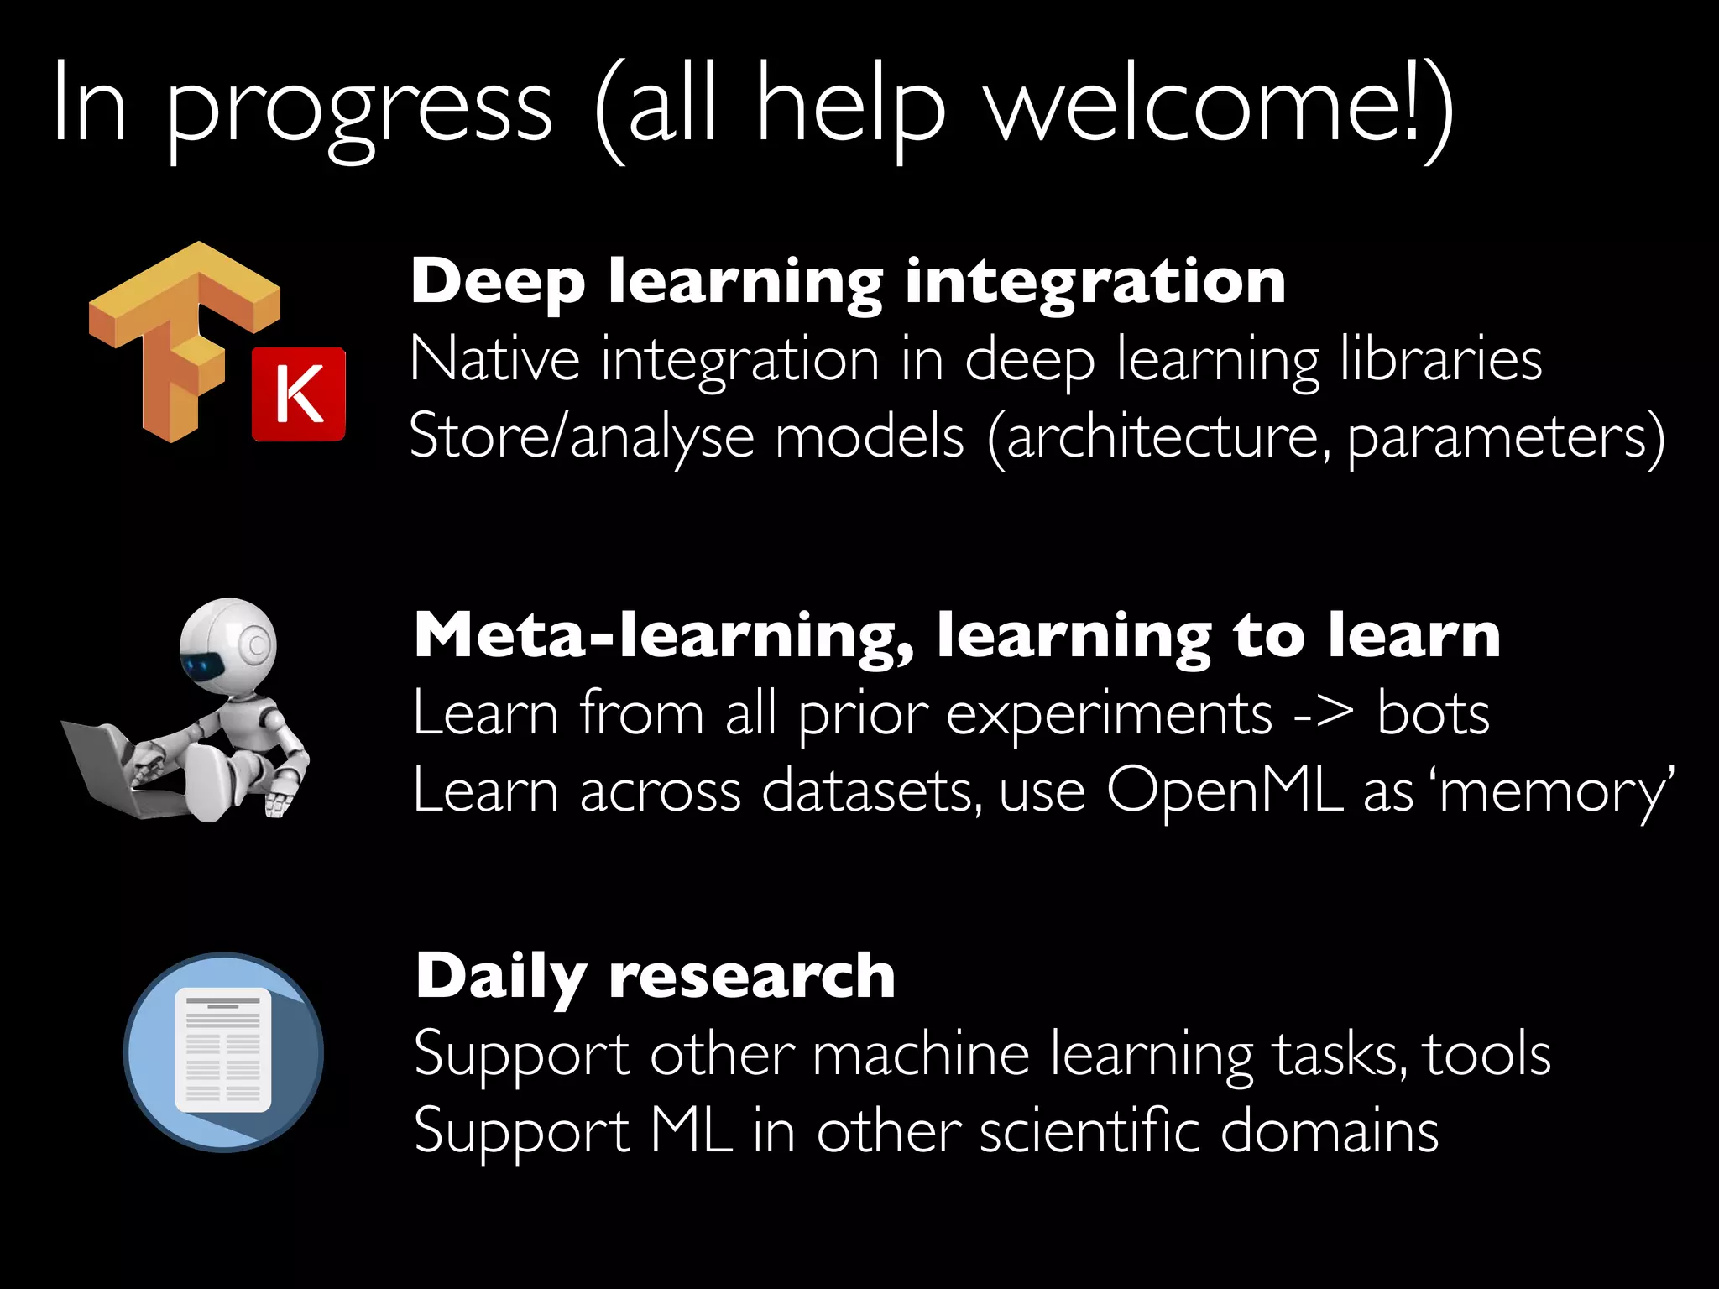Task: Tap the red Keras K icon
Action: [x=299, y=394]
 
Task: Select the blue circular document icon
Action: [x=223, y=1052]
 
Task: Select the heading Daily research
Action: [x=656, y=976]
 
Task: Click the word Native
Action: [x=494, y=359]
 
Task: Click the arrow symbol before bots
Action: [x=1324, y=714]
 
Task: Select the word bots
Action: [x=1434, y=714]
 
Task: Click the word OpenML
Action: [x=1225, y=791]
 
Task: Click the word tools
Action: [x=1487, y=1054]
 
